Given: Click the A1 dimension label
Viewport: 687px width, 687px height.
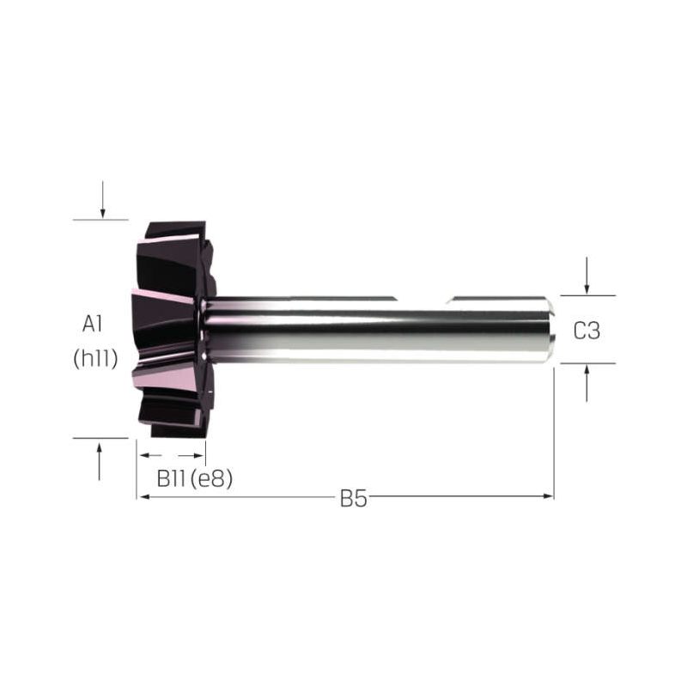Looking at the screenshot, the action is pyautogui.click(x=93, y=325).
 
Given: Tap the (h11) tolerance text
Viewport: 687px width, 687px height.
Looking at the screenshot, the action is pyautogui.click(x=95, y=359).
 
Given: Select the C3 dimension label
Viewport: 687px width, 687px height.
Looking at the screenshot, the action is pyautogui.click(x=587, y=331).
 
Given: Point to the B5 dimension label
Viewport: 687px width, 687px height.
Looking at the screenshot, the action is pyautogui.click(x=353, y=499).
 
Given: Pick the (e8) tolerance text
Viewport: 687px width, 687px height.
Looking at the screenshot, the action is pyautogui.click(x=212, y=479).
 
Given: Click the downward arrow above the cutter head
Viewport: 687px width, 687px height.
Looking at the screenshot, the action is pyautogui.click(x=102, y=199).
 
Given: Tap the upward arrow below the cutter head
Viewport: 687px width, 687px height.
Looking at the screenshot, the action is pyautogui.click(x=100, y=462).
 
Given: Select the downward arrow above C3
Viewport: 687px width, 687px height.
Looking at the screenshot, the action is pyautogui.click(x=587, y=276).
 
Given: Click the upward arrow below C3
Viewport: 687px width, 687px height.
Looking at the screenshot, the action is pyautogui.click(x=587, y=383).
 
